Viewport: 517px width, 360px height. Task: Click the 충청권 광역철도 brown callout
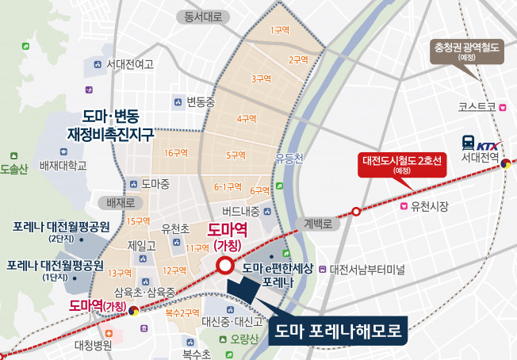tap(465, 52)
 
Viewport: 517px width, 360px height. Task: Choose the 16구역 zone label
tap(175, 152)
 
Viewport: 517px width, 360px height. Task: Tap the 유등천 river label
tap(289, 158)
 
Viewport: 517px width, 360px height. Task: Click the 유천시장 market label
tap(430, 207)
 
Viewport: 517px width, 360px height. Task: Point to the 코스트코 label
tap(477, 106)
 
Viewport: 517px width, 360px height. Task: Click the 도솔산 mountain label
tap(13, 169)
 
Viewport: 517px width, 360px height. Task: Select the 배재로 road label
tap(111, 202)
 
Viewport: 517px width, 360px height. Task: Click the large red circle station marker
tap(224, 266)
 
